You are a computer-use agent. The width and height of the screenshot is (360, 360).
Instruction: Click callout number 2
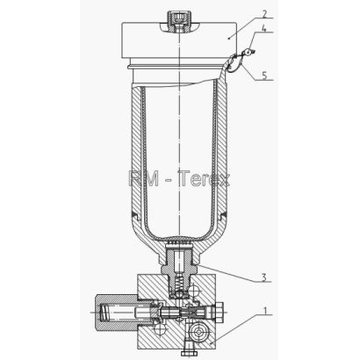(264, 14)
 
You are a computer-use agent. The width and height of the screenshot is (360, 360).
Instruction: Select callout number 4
(264, 29)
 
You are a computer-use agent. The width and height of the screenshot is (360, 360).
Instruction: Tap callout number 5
(264, 76)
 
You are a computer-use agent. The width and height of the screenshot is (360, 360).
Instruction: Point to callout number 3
(264, 277)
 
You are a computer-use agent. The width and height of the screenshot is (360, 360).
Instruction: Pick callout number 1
(265, 311)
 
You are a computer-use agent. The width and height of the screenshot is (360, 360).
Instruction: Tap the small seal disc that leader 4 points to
(248, 53)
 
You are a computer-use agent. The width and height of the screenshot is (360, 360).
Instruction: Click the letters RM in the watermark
(144, 179)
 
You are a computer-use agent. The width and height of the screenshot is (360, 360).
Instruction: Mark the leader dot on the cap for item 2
(229, 38)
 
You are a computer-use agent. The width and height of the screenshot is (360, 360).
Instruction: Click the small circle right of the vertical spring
(195, 290)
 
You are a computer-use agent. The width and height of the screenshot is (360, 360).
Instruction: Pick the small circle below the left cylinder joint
(160, 328)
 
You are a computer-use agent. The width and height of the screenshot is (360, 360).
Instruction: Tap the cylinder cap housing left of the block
(117, 313)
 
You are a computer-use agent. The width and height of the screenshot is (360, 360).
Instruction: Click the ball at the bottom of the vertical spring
(178, 294)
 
